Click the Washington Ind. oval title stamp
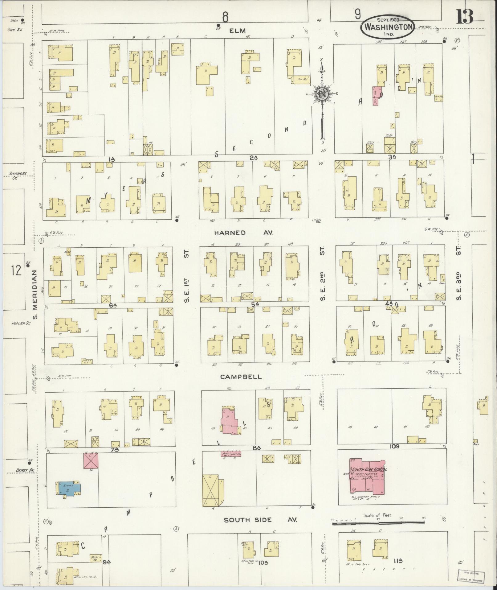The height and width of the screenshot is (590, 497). (388, 27)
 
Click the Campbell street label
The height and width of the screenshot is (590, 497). (241, 377)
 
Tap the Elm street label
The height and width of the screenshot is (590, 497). (238, 31)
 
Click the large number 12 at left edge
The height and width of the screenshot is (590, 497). (16, 271)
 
